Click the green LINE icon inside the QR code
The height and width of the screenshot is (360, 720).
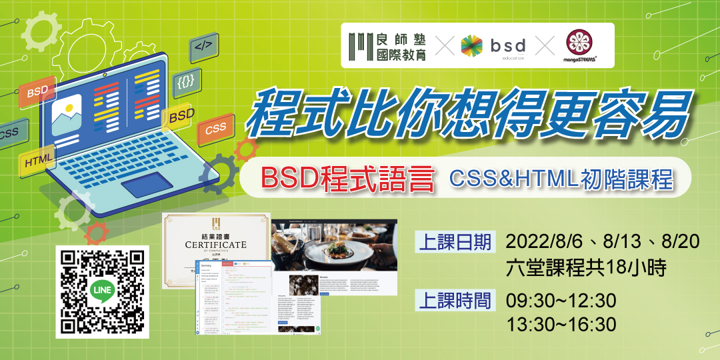point(101,292)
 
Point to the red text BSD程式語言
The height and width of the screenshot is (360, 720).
point(347,179)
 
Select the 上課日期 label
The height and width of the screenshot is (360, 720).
point(455,241)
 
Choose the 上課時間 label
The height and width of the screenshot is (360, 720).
point(455,301)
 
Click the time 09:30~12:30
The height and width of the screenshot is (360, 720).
point(561,301)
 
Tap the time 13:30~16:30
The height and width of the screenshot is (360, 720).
point(561,324)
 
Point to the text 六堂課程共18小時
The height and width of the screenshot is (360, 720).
point(587,267)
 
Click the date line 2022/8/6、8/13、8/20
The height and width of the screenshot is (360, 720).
point(603,241)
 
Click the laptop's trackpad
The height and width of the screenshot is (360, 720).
point(148,184)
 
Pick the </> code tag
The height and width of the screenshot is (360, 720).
point(204,47)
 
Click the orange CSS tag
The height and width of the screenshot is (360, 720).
point(215,129)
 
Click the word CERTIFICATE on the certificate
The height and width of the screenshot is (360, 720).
point(215,245)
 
